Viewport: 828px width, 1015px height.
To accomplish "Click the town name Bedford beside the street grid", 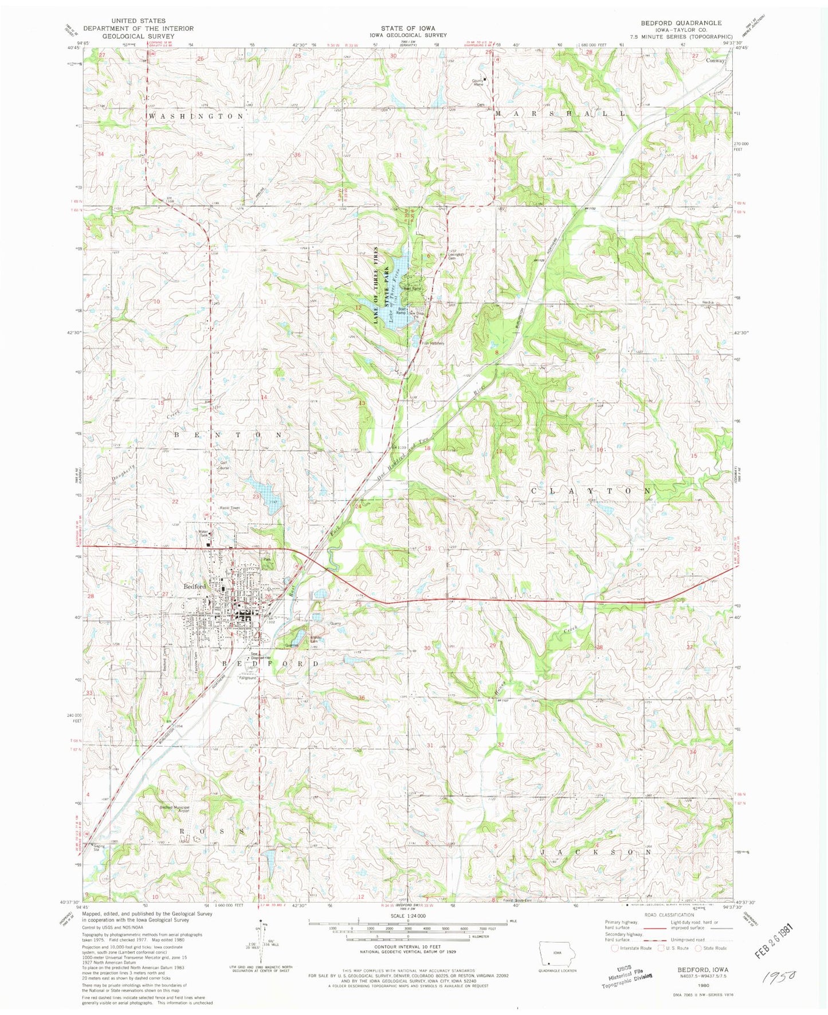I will click(x=194, y=587).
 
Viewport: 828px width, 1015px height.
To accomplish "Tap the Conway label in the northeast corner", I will click(x=715, y=60).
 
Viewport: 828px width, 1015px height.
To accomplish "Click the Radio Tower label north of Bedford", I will click(x=229, y=508).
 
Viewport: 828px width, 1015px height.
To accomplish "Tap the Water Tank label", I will click(x=203, y=533).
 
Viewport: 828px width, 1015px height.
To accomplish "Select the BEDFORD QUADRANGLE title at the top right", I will click(x=682, y=23).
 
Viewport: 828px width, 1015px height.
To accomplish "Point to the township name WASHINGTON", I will click(x=196, y=116).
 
